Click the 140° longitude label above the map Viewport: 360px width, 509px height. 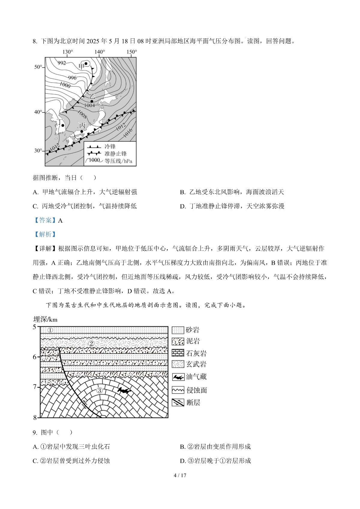pos(100,52)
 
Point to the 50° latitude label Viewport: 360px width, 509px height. pos(38,67)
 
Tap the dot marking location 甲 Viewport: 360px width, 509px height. pos(86,63)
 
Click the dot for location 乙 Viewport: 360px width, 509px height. pos(92,101)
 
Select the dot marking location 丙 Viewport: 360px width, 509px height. pos(82,131)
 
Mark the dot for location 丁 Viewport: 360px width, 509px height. pos(63,125)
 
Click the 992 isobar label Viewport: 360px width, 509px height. pos(61,63)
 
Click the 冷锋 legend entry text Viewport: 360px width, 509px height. pos(110,146)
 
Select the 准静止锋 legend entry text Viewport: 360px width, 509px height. pos(115,154)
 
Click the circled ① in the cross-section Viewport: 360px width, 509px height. pos(50,330)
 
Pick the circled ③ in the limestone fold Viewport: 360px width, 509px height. pos(100,390)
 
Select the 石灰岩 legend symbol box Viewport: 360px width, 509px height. pos(178,353)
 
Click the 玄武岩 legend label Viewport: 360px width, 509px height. pos(196,364)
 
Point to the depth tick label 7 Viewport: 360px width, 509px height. pos(35,387)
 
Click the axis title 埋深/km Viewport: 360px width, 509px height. pos(45,319)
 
